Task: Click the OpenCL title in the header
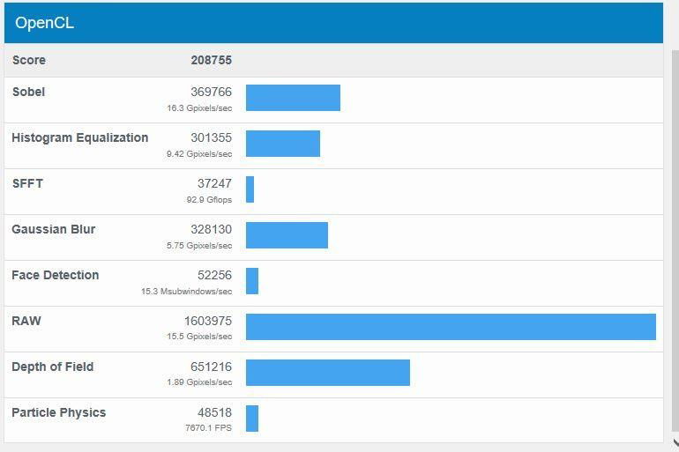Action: coord(44,23)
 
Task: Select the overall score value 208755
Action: coord(211,60)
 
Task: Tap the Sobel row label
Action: coord(28,92)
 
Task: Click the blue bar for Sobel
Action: coord(293,98)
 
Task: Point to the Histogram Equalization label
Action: coord(79,137)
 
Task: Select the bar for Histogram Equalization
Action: coord(282,144)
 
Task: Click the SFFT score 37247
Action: coord(214,183)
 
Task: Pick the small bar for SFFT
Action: coord(250,189)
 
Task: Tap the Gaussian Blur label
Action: coord(53,229)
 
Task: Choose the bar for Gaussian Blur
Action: coord(287,235)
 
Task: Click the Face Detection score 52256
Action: coord(214,275)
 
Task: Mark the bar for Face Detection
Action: coord(252,281)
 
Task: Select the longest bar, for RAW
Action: coord(451,327)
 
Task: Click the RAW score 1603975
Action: coord(208,321)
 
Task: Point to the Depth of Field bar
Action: coord(327,373)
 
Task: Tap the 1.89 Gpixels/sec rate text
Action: coord(199,382)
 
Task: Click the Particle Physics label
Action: coord(58,412)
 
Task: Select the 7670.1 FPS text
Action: coord(208,428)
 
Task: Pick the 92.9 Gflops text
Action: coord(204,200)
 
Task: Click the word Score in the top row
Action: coord(29,60)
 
